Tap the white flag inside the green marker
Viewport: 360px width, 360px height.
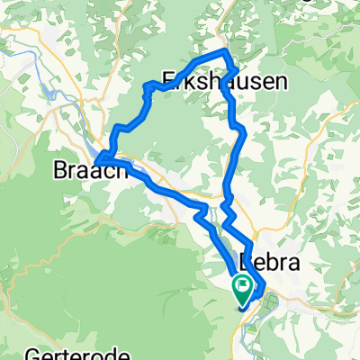[243, 287]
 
